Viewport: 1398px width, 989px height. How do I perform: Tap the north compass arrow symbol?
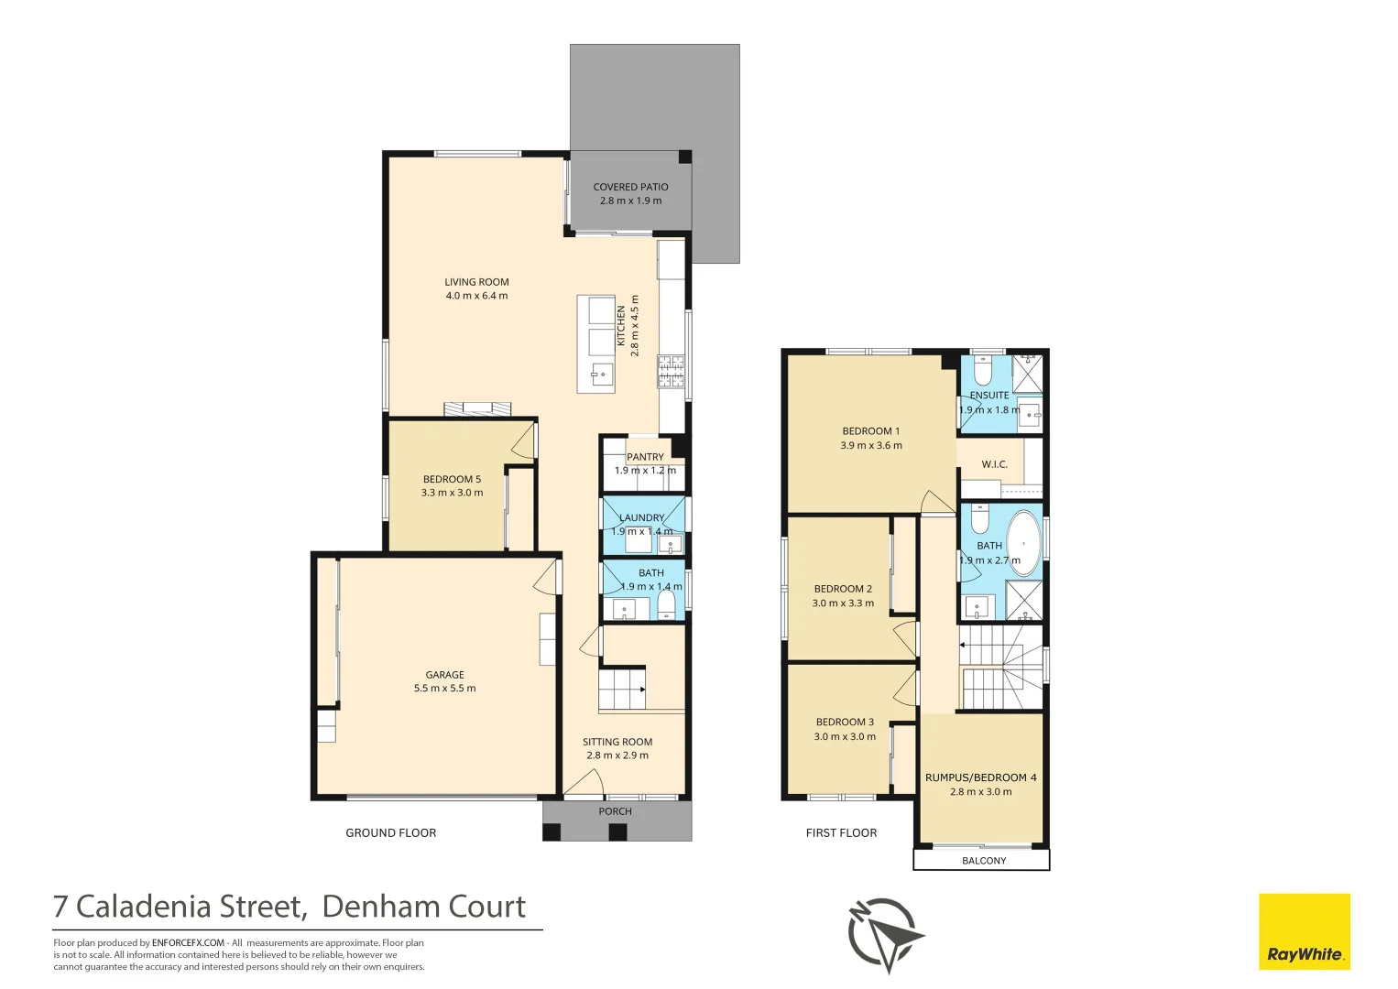click(886, 935)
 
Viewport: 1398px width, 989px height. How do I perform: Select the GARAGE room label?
click(445, 675)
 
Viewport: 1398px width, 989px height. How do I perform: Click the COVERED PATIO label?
click(630, 187)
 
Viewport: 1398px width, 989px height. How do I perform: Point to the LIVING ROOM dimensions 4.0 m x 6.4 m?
click(476, 296)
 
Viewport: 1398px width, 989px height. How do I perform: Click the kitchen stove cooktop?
click(671, 371)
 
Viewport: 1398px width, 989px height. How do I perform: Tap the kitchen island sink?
click(602, 375)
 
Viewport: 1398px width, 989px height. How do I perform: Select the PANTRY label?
click(645, 457)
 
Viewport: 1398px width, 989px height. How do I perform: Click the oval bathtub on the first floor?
click(1023, 543)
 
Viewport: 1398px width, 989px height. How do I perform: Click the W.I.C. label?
click(995, 464)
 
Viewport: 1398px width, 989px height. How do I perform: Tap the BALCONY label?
click(984, 861)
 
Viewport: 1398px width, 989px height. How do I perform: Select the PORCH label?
click(616, 811)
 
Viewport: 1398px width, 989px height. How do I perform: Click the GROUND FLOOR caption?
click(391, 832)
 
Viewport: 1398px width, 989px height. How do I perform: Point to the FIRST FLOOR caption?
click(841, 832)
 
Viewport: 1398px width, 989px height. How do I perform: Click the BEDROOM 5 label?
click(452, 479)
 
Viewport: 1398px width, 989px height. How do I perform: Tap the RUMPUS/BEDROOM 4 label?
click(981, 777)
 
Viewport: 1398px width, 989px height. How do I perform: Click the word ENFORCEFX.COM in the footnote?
click(188, 943)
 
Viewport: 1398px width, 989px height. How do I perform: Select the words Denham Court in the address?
click(424, 907)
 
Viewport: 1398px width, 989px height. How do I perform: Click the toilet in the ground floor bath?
click(667, 605)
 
